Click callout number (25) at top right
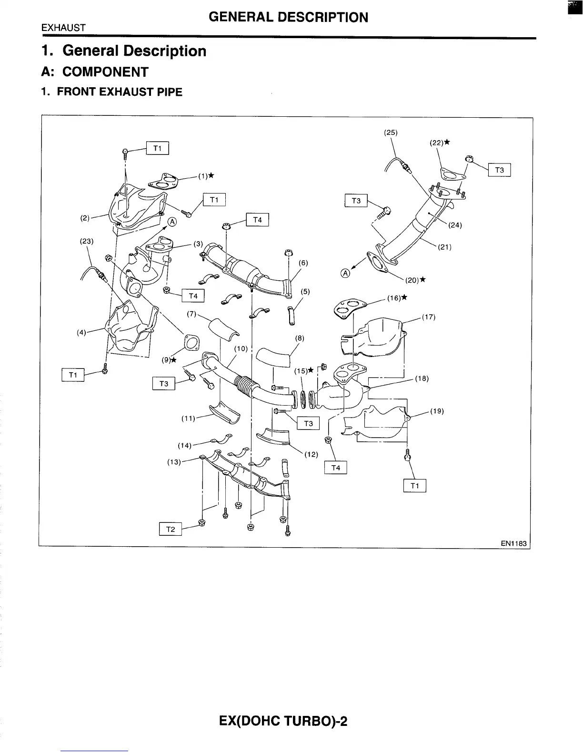(x=391, y=133)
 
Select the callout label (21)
(x=444, y=247)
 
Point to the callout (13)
(x=174, y=462)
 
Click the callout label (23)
(x=87, y=241)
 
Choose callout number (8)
(x=300, y=338)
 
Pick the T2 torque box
(x=170, y=529)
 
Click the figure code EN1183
(x=515, y=542)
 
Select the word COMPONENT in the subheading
(x=105, y=72)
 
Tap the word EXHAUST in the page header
(x=63, y=28)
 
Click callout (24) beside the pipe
(x=455, y=225)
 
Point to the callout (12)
(x=311, y=454)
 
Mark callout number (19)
(x=437, y=411)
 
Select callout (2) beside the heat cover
(x=85, y=218)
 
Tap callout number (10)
(x=241, y=349)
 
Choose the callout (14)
(x=184, y=445)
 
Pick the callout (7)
(x=192, y=314)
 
